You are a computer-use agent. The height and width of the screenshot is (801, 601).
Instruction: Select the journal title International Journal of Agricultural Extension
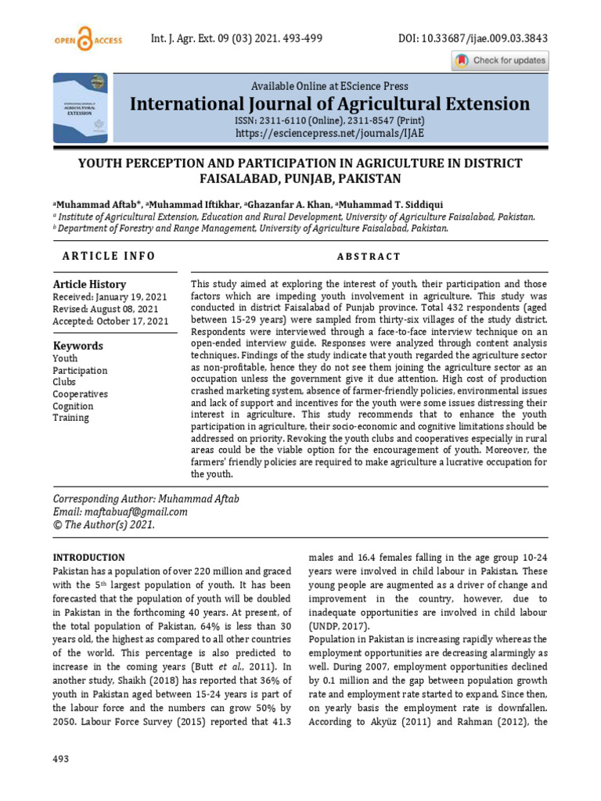point(329,104)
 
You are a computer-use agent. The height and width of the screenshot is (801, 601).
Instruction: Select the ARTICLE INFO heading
point(109,257)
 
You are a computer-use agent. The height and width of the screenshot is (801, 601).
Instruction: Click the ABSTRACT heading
point(369,257)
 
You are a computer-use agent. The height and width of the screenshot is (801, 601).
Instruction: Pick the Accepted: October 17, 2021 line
point(110,321)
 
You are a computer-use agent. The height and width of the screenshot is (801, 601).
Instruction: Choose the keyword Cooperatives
point(80,394)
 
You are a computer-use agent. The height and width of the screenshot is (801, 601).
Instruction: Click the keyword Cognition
point(73,406)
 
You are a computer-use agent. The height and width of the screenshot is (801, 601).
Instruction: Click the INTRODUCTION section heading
point(88,558)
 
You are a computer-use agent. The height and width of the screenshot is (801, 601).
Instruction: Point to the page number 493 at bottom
point(61,759)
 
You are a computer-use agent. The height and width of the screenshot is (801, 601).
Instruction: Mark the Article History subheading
point(89,285)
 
